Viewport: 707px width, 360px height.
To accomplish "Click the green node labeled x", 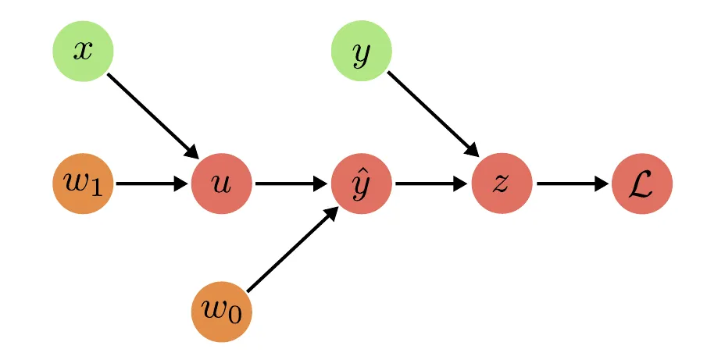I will click(x=83, y=51).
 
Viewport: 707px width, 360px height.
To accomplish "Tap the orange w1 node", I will click(x=83, y=184).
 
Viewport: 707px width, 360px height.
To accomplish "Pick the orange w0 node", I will click(x=222, y=312).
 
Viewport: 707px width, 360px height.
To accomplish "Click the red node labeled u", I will click(x=222, y=184).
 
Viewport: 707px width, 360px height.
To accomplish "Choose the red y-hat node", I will click(x=362, y=184).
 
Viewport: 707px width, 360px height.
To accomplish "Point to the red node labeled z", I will click(x=502, y=184).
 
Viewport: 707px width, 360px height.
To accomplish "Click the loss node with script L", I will click(x=642, y=184).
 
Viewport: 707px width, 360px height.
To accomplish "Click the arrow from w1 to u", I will click(x=148, y=184).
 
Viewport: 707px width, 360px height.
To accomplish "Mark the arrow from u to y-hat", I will click(x=289, y=184).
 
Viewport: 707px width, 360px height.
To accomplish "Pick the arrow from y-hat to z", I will click(x=430, y=184).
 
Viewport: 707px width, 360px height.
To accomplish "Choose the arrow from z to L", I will click(x=570, y=184).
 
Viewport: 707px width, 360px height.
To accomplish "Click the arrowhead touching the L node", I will click(x=602, y=184).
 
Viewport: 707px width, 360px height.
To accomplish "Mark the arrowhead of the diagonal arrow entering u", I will click(x=192, y=152).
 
